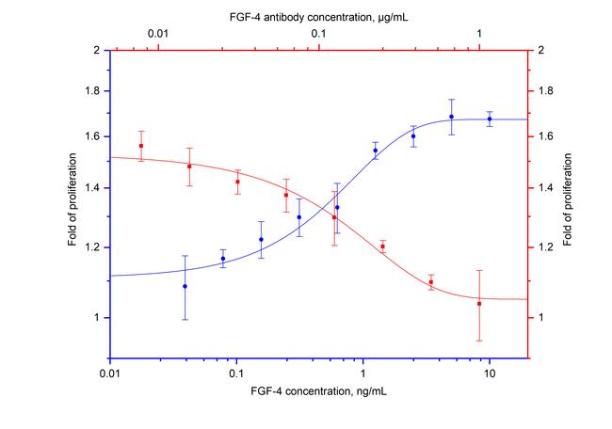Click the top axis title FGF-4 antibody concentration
(319, 16)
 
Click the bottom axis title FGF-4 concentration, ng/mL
(319, 389)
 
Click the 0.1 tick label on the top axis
(318, 35)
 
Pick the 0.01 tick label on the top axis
(157, 35)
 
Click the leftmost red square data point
(141, 146)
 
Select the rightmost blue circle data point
(490, 119)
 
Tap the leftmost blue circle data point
(185, 286)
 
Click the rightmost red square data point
(479, 304)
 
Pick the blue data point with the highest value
(452, 117)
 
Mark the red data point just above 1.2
(383, 246)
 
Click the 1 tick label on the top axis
(479, 35)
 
